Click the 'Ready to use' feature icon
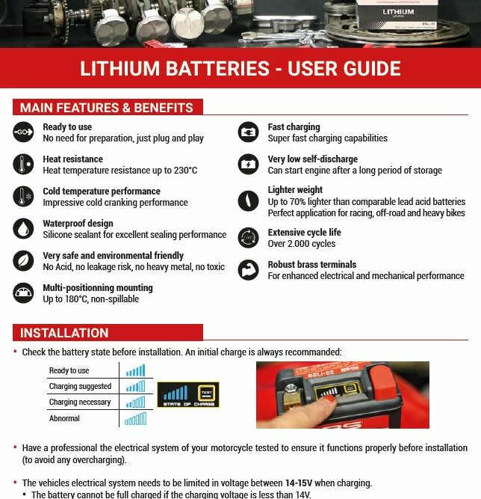pos(23,132)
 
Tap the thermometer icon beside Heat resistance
pos(23,165)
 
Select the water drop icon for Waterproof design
pos(23,228)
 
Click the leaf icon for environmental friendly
pos(23,260)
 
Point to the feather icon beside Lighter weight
pos(248,200)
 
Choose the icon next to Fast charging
pos(248,132)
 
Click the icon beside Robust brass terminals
pos(248,270)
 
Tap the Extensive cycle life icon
pos(248,238)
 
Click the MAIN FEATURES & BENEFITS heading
pos(107,108)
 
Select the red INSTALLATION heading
pos(64,333)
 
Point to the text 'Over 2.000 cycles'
pos(302,244)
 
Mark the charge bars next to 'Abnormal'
pos(135,419)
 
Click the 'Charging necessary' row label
pos(80,402)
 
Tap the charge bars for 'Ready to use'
pos(135,370)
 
